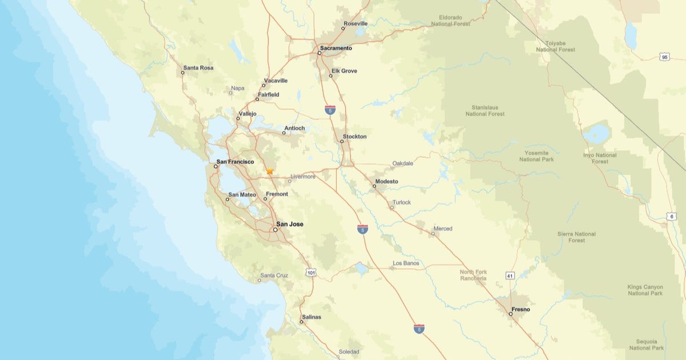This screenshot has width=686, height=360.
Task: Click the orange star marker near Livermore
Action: (270, 171)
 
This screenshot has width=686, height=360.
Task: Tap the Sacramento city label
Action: (336, 49)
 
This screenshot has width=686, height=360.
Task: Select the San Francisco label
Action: (236, 162)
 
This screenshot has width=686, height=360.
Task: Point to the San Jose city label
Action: (290, 225)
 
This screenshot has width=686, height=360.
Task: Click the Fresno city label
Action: (521, 310)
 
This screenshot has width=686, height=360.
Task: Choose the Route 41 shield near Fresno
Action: (509, 276)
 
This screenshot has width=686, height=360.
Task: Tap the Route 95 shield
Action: (664, 57)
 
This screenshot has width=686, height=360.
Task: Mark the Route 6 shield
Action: (671, 217)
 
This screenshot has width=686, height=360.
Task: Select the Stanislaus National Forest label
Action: (485, 110)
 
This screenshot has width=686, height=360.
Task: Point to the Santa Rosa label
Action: (198, 68)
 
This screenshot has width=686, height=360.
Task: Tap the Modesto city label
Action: (386, 182)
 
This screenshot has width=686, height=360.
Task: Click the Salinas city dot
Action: (302, 322)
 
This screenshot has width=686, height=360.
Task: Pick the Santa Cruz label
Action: (274, 275)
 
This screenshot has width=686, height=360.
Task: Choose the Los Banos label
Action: (406, 263)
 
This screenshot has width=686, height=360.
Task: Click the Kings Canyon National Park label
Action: (645, 290)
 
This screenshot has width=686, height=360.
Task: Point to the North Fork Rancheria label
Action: (473, 275)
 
